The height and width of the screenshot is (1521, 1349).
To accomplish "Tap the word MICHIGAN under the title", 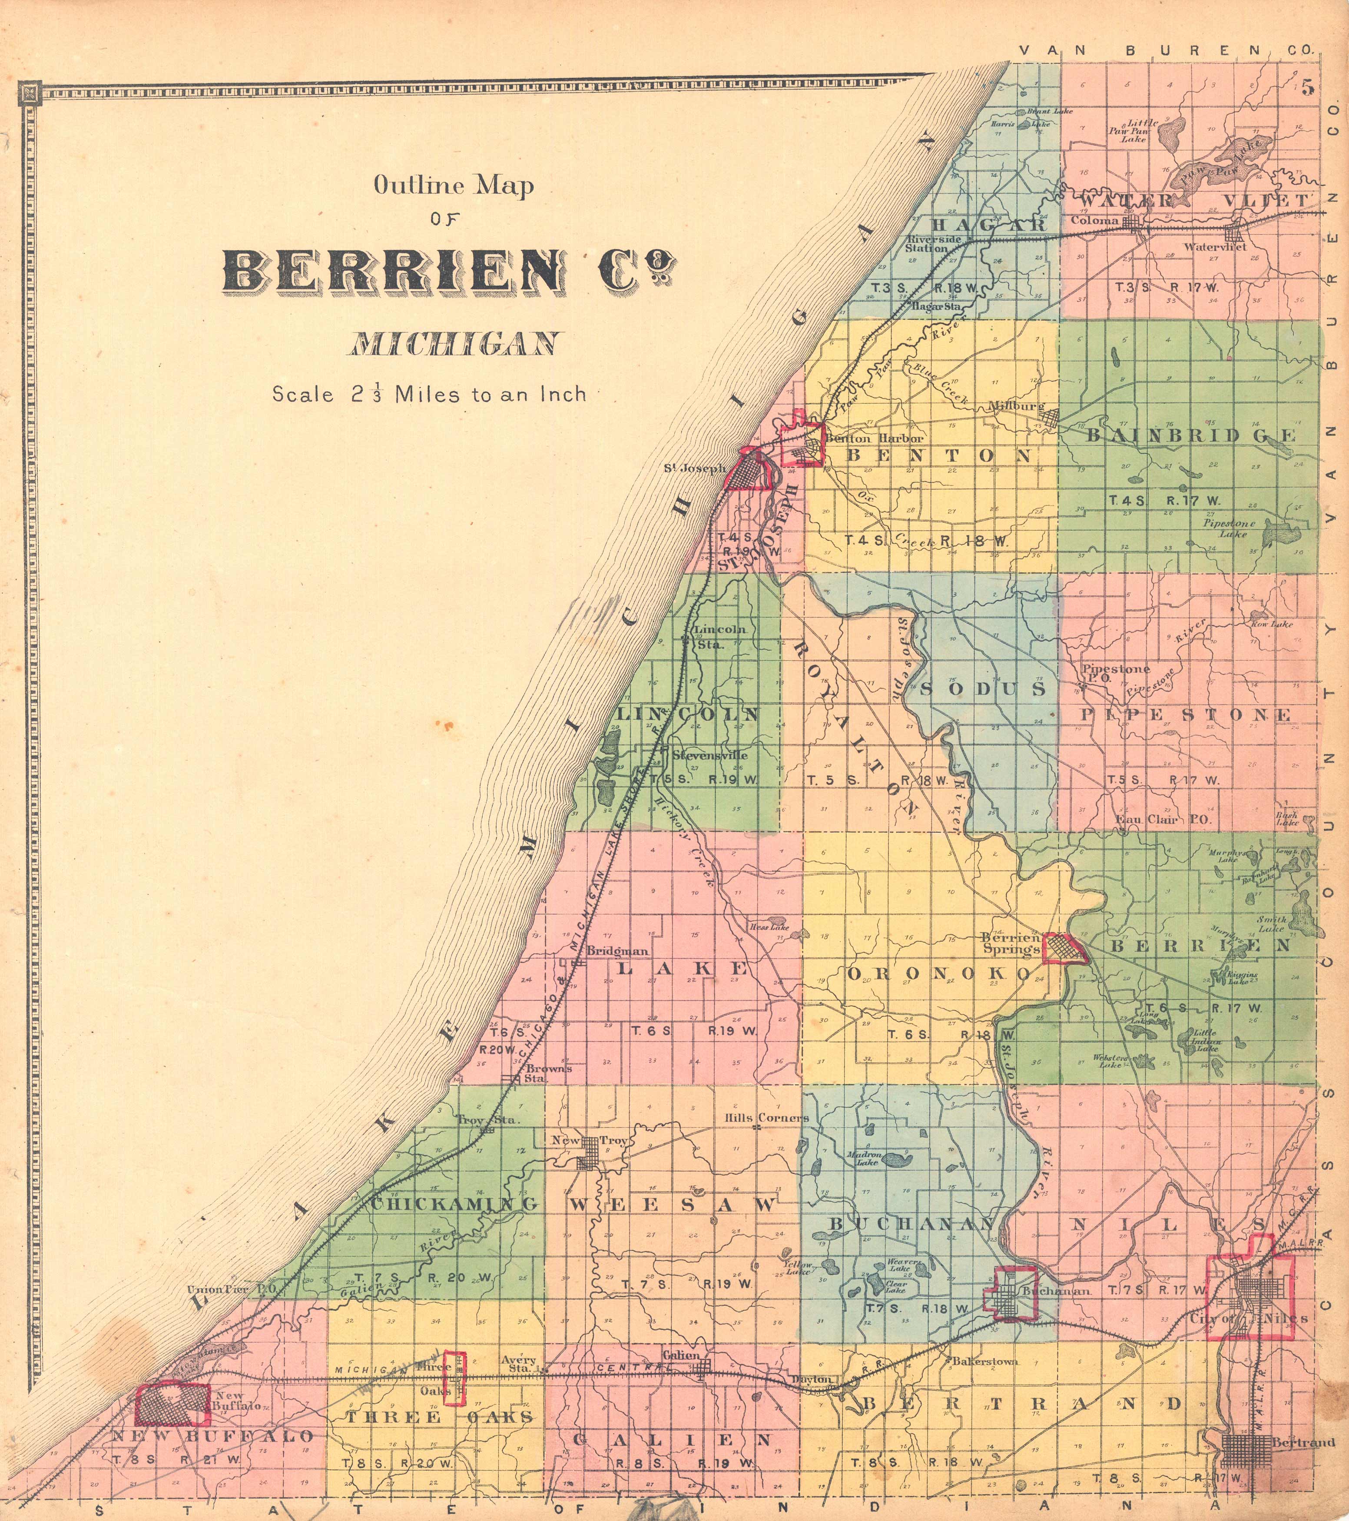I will coord(454,345).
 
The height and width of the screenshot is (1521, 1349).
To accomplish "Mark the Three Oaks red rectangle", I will coord(454,1378).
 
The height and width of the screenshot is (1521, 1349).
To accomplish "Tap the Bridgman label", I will coord(617,950).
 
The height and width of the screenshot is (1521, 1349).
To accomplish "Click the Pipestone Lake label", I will coord(1229,528).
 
